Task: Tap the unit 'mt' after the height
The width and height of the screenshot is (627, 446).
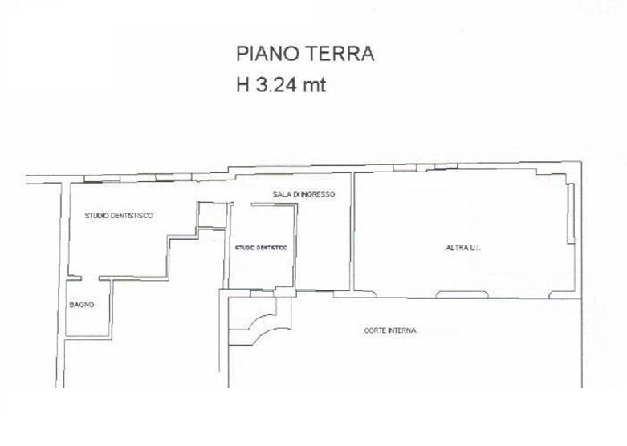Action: (x=316, y=85)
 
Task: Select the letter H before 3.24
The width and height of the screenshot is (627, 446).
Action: (x=242, y=85)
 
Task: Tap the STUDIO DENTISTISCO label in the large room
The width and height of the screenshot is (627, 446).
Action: (x=119, y=216)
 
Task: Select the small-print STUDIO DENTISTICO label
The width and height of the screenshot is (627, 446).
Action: (x=261, y=249)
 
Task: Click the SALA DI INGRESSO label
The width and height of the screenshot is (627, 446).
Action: (x=303, y=195)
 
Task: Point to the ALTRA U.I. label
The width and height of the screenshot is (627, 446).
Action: (x=462, y=248)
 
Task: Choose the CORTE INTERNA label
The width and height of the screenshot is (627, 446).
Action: (x=389, y=330)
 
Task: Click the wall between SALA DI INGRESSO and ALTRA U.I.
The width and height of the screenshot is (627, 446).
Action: (x=352, y=233)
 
